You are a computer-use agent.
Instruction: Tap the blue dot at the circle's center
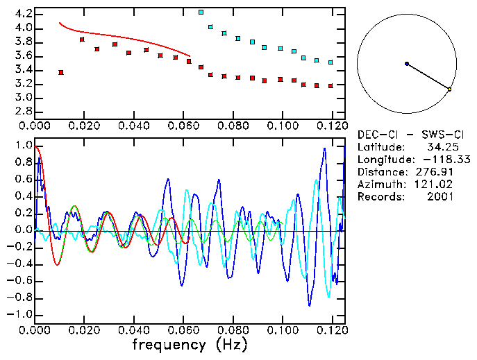[x=406, y=64]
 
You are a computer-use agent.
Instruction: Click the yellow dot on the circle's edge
[x=449, y=89]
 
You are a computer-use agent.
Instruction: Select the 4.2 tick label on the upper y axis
[x=24, y=14]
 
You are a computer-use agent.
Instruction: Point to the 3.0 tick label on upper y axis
[x=24, y=98]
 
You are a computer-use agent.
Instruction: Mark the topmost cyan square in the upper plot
[x=201, y=12]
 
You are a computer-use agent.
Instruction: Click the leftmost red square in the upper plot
[x=61, y=72]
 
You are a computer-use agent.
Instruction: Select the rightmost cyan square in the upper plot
[x=330, y=62]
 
